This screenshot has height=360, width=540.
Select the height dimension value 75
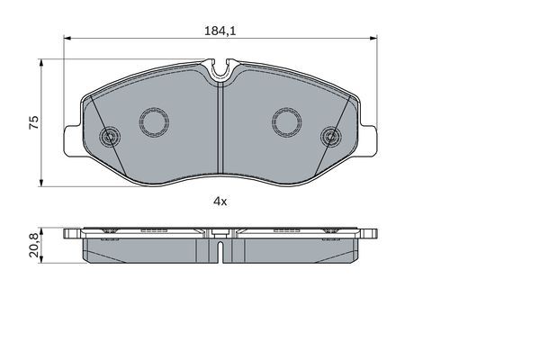pos(34,123)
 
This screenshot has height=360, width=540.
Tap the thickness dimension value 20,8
pos(34,244)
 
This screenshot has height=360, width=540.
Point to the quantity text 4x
pos(220,202)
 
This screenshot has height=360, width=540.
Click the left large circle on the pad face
pos(151,121)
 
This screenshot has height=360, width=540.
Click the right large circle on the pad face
pos(288,121)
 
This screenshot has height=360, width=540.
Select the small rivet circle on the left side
pos(111,138)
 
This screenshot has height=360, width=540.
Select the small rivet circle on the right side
pos(330,138)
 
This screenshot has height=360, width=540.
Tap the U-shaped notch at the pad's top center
pos(220,69)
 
